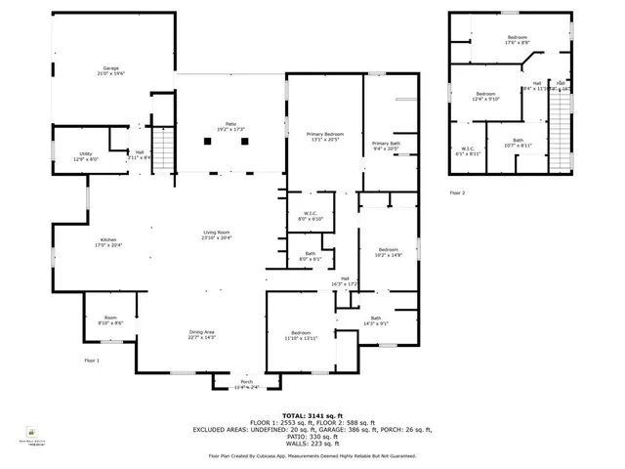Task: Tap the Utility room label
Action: coord(85,154)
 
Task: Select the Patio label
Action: coord(231,127)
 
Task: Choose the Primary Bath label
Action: coord(386,147)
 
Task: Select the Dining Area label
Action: coord(202,334)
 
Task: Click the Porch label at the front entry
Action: coord(246,384)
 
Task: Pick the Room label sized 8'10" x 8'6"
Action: coord(110,320)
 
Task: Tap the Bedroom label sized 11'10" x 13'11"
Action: coord(301,335)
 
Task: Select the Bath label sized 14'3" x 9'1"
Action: coord(376,321)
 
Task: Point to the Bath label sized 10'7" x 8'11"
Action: coord(518,143)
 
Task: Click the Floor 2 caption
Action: coord(457,193)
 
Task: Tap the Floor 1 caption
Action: coord(91,361)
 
